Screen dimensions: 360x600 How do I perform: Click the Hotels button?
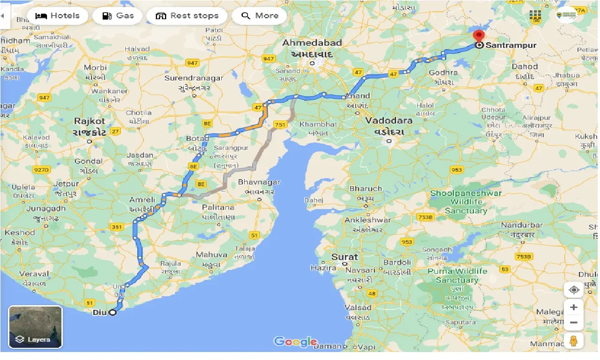tap(58, 16)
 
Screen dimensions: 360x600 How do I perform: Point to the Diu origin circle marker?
tap(112, 313)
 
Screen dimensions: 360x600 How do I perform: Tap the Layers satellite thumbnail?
tap(35, 327)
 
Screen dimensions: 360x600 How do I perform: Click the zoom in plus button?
tap(574, 307)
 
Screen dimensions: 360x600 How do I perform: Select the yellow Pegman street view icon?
tap(574, 341)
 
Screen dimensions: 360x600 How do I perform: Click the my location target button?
tap(574, 290)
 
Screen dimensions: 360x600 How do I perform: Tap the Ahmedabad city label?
tap(312, 43)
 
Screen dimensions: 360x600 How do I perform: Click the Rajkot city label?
tap(90, 121)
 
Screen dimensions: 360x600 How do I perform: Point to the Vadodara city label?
tap(389, 120)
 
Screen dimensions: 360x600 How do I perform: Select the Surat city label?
tap(345, 257)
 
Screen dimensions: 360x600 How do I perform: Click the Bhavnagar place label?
tap(259, 182)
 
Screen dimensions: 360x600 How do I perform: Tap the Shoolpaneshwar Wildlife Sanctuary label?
tap(466, 202)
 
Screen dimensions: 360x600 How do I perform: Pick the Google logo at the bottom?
tap(295, 342)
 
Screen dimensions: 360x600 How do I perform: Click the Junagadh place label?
tap(46, 209)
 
